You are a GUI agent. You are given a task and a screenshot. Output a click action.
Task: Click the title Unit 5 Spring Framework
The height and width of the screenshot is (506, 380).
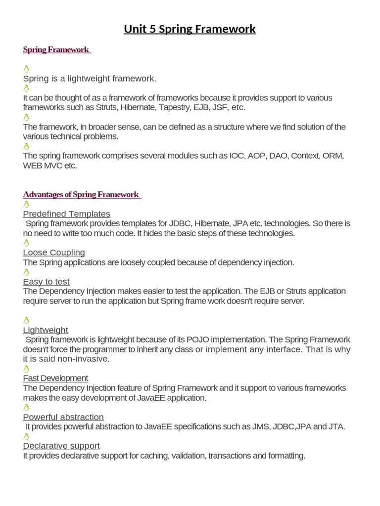click(190, 29)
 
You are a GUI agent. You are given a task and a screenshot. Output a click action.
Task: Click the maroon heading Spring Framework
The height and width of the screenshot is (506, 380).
click(56, 49)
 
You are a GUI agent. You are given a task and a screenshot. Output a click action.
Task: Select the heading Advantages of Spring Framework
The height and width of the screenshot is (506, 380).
click(82, 194)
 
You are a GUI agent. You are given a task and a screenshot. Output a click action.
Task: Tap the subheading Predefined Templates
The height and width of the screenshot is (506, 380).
click(66, 214)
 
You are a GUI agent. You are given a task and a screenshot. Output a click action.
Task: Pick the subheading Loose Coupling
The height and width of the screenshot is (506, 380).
click(54, 253)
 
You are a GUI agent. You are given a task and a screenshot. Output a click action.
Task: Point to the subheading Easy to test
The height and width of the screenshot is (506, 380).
click(46, 282)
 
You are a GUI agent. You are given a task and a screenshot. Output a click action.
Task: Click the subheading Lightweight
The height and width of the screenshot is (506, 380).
click(46, 330)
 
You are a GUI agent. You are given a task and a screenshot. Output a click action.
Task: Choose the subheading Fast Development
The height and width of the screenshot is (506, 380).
click(55, 378)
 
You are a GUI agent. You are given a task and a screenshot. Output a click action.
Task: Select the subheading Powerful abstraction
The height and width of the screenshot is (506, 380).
click(63, 417)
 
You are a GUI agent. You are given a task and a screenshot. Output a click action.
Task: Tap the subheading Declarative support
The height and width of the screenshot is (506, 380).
click(61, 446)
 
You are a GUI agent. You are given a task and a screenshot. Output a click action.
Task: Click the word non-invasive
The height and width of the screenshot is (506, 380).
click(82, 359)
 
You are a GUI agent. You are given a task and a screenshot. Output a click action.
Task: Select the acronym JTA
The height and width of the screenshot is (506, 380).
click(336, 426)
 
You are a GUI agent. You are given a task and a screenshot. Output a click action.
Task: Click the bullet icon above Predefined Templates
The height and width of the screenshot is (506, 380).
click(26, 204)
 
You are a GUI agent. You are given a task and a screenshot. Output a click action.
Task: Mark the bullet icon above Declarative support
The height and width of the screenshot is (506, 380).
click(26, 436)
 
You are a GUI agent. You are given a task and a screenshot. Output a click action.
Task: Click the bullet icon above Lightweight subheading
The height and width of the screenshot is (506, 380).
click(26, 320)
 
